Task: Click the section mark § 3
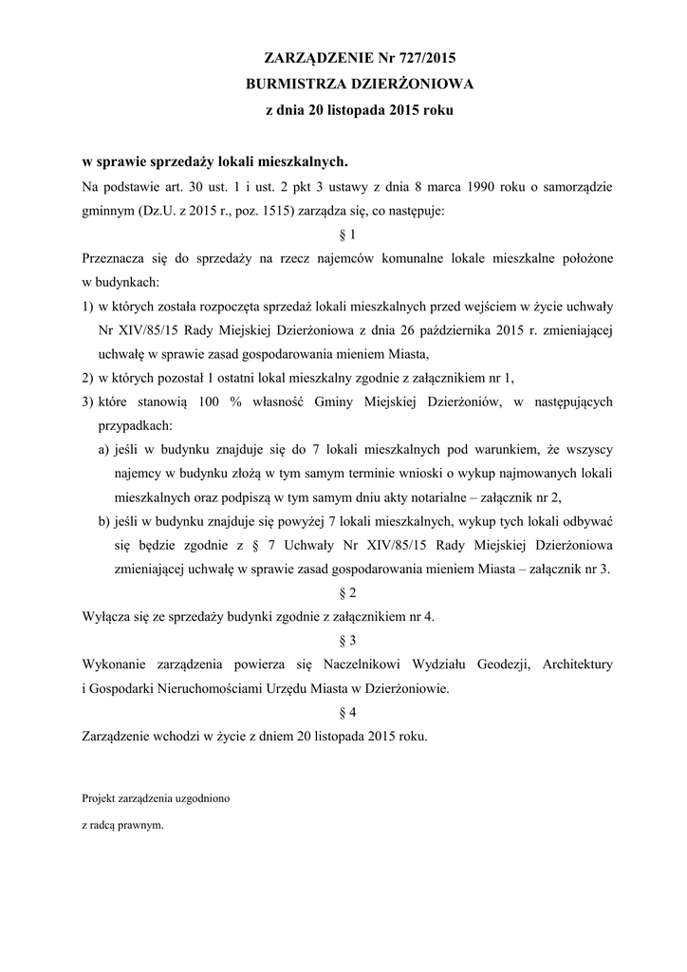(347, 640)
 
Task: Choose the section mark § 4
(347, 711)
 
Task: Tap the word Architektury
(577, 664)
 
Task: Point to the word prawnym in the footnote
(142, 825)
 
